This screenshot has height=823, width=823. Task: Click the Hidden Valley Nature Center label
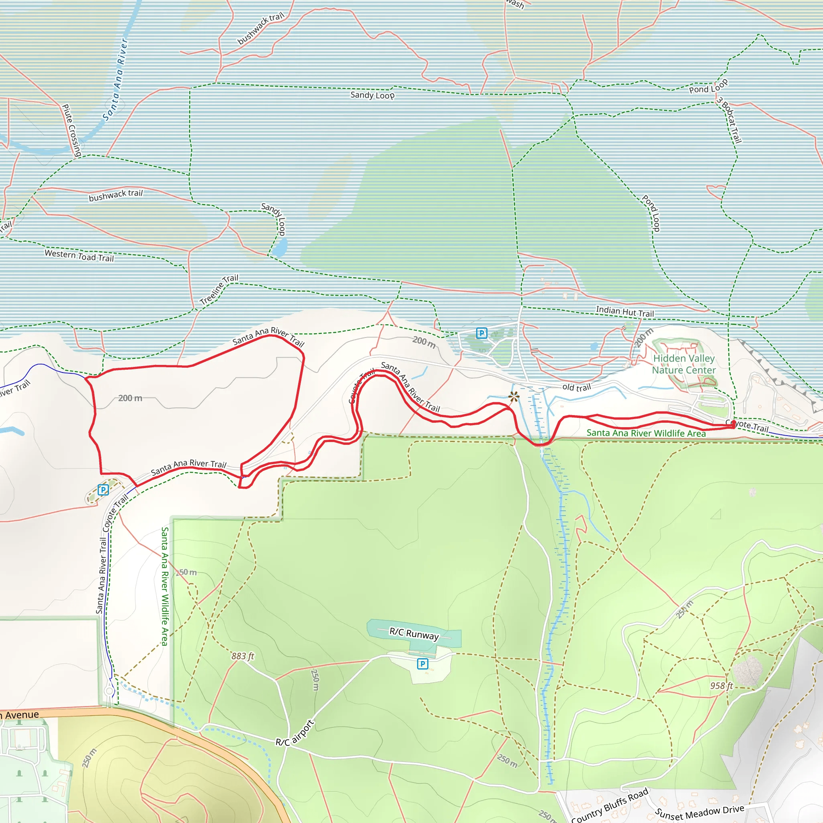point(684,364)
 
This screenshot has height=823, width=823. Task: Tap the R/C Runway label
point(414,633)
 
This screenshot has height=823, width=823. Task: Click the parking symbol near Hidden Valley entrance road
point(481,333)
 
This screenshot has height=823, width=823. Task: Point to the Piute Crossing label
point(72,130)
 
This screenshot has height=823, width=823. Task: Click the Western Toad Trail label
point(79,255)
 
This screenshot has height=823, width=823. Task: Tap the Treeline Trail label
point(219,289)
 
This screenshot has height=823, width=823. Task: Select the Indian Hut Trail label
point(624,311)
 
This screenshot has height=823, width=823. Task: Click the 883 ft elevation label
point(242,656)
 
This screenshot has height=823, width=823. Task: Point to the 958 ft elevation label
point(721,686)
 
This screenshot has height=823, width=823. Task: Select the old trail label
point(576,387)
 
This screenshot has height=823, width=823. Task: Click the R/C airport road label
point(295,732)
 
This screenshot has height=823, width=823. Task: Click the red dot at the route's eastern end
point(733,424)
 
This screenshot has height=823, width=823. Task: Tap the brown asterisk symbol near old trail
point(514,397)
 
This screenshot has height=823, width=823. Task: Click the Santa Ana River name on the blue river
point(115,80)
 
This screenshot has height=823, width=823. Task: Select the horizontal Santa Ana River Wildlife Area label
point(646,433)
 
